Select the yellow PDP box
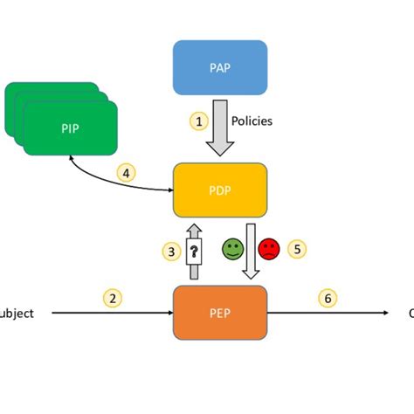tap(220, 190)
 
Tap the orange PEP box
tap(220, 312)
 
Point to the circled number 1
tap(200, 121)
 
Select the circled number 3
tap(171, 252)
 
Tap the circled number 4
tap(127, 174)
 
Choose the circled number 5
tap(297, 249)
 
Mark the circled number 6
tap(328, 298)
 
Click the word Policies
tap(252, 121)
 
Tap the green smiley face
tap(232, 250)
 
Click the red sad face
tap(269, 250)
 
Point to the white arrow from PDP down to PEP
tap(251, 253)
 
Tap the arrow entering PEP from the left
tap(114, 313)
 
